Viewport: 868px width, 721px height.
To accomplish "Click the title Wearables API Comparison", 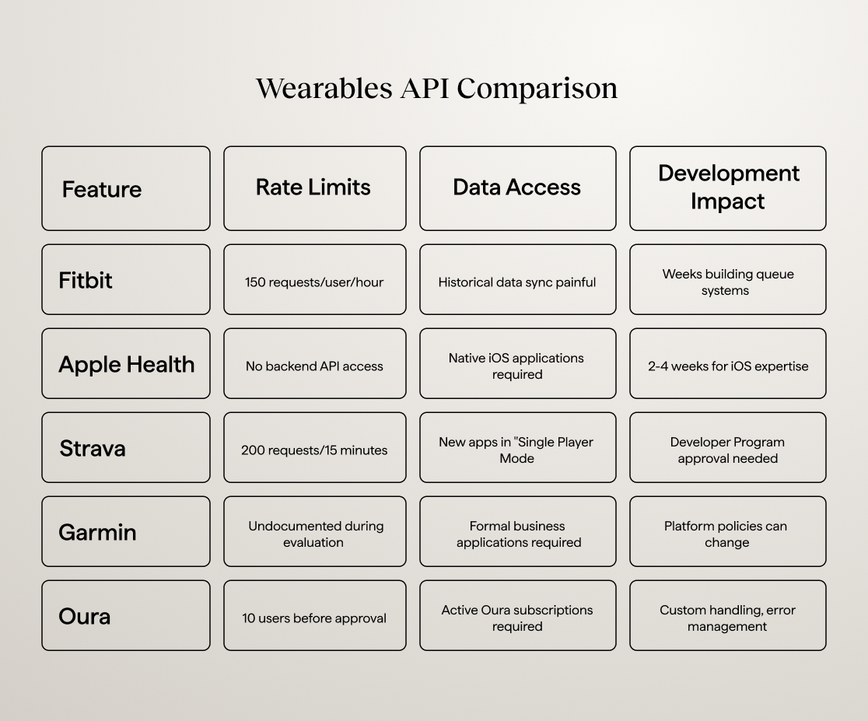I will click(436, 88).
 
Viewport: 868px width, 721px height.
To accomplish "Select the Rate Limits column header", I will click(314, 187).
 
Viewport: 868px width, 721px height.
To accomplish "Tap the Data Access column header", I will click(517, 187).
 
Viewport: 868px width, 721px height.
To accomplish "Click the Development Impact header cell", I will click(728, 187).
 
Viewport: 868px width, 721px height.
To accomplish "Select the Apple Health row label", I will click(126, 364).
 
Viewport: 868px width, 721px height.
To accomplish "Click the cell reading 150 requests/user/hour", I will click(314, 282).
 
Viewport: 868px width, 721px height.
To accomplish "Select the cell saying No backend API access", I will click(314, 366).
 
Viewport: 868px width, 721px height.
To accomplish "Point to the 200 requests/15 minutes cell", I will click(314, 450).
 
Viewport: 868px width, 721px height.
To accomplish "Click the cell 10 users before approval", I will click(314, 618).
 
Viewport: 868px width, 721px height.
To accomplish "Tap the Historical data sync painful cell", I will click(517, 282).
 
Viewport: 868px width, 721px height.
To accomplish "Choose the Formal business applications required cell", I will click(517, 534).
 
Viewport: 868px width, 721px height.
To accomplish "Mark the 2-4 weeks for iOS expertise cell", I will click(728, 366).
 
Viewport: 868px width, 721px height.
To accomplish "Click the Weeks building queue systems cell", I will click(728, 282).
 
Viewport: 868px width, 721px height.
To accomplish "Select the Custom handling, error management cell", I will click(728, 618).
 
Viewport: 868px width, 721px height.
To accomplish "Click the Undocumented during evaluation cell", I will click(314, 534).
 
